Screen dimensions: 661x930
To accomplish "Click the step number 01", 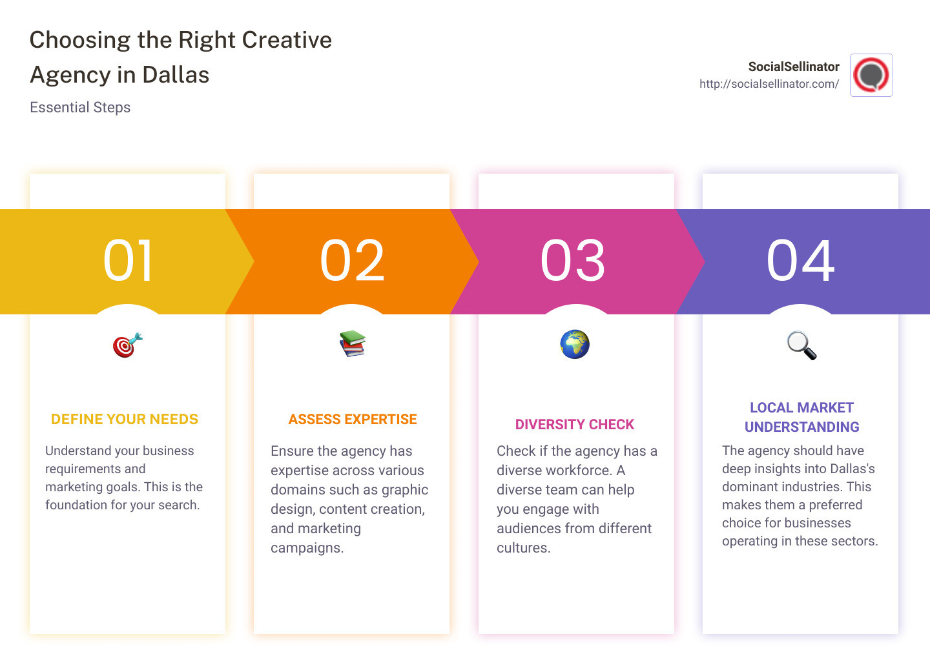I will point(128,261).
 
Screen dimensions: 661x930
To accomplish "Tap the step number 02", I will point(352,261).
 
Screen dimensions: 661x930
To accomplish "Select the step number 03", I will point(573,261).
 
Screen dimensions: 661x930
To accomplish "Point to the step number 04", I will point(800,261).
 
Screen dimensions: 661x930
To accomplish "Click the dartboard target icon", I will point(127,345).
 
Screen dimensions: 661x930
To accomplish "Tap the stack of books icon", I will point(353,344).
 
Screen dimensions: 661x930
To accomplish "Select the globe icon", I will point(575,344).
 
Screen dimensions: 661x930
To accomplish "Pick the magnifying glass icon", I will point(801,345).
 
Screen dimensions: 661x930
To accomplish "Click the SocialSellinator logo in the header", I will point(871,75).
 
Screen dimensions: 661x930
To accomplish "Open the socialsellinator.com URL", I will point(769,84).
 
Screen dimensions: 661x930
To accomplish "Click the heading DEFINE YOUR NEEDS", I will point(125,420).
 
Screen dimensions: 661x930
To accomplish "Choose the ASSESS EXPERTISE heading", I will point(353,420).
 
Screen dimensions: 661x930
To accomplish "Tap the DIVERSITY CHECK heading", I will point(575,425).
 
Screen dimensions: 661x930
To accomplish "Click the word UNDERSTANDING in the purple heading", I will point(801,427).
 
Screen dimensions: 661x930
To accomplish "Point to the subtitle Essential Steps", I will point(80,108).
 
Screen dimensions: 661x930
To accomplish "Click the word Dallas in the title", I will point(176,75).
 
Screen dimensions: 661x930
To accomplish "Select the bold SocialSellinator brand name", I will point(794,66).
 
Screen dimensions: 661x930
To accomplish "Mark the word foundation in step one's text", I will point(76,505).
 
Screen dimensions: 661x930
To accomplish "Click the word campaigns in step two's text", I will point(307,548).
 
